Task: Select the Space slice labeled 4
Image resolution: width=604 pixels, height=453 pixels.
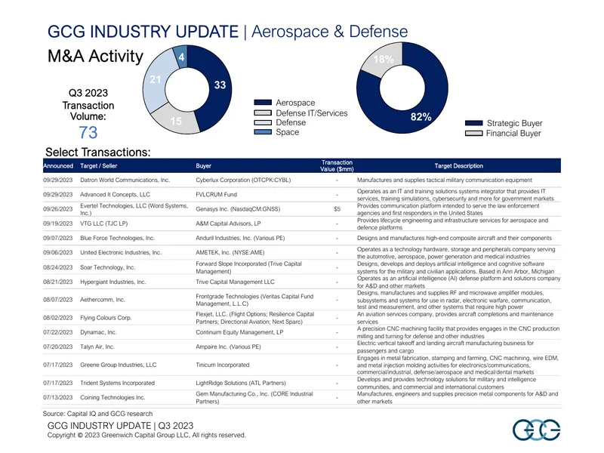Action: point(181,56)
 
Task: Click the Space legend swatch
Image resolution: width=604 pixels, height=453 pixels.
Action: point(263,132)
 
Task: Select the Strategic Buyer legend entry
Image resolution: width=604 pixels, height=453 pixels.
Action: point(504,123)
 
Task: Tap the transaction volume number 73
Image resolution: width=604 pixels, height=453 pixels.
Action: point(88,133)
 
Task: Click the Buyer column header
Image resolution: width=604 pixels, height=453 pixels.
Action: point(203,166)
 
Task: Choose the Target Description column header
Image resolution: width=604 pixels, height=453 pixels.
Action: point(458,166)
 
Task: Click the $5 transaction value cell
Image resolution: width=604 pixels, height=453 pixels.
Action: point(337,209)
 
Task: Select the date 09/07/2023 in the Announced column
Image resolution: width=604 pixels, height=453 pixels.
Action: point(58,238)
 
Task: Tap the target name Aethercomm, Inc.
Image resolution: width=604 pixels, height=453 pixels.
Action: point(103,300)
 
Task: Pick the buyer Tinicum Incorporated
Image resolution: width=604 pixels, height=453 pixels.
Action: point(223,365)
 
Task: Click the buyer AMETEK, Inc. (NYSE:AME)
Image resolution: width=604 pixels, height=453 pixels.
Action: point(230,253)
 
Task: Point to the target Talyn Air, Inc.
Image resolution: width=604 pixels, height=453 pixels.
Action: point(97,347)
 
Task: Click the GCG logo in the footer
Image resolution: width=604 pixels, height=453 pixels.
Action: point(536,430)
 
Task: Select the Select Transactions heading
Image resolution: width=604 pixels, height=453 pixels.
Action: point(98,153)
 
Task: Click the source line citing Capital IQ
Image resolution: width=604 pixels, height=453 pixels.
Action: point(97,414)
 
